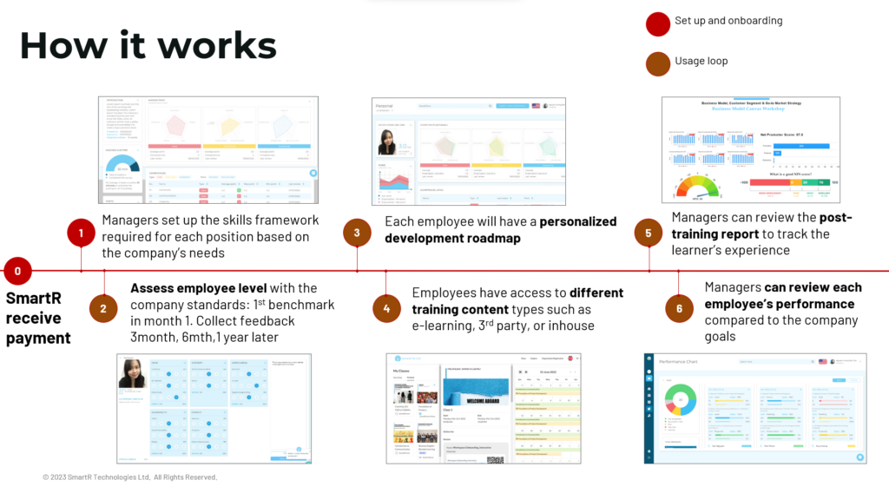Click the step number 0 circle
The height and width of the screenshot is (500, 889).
coord(17,271)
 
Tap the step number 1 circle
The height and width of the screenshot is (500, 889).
coord(81,233)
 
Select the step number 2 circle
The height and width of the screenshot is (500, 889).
coord(103,308)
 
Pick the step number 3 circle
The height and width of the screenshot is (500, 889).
coord(357,233)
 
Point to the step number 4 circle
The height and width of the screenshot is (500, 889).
coord(386,308)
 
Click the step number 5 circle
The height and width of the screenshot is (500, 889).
coord(649,233)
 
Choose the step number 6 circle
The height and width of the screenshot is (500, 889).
coord(679,308)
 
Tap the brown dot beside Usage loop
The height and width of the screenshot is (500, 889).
coord(657,62)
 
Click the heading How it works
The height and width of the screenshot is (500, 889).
coord(148,45)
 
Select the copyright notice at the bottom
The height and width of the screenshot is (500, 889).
coord(129,477)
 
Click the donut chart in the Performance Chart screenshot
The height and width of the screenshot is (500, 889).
coord(682,401)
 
